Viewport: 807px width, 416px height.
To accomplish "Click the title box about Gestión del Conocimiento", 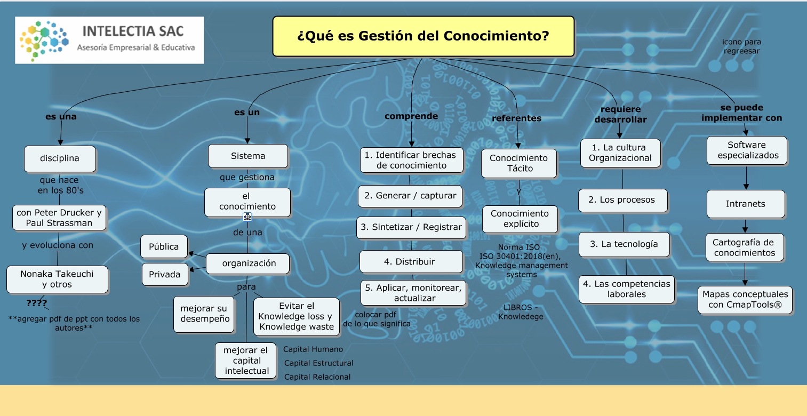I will click(423, 36).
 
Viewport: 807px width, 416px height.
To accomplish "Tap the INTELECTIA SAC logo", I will click(109, 40).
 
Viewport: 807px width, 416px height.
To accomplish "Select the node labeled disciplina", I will click(60, 158).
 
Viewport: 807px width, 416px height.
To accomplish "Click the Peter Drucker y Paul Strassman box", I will click(59, 218).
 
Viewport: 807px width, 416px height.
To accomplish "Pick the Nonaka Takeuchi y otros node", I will click(57, 279).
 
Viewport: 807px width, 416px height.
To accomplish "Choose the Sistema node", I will click(247, 156).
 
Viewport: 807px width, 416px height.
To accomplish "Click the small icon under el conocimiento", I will click(247, 217).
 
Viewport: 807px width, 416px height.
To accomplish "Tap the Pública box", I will click(164, 246).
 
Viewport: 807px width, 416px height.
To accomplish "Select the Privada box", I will click(165, 275).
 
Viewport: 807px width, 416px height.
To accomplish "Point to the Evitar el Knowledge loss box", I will click(296, 316).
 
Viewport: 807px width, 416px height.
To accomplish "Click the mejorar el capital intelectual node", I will click(246, 361).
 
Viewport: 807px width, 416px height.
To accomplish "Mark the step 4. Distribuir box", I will click(411, 262).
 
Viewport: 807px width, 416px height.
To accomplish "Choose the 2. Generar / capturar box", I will click(410, 196).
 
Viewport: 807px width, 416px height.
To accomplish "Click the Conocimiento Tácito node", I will click(518, 163).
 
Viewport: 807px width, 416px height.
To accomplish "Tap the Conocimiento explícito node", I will click(520, 219).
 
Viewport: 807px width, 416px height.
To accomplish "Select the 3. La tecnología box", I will click(624, 244).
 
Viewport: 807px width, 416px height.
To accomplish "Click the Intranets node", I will click(746, 204).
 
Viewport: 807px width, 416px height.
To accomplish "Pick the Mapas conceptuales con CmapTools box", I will click(745, 300).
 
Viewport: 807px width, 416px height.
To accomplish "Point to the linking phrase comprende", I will click(411, 116).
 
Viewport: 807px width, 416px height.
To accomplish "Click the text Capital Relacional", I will click(317, 377).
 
